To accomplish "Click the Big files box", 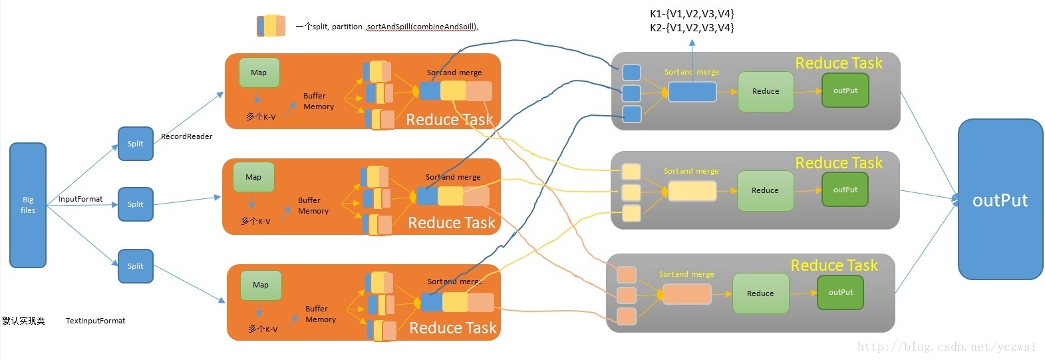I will coord(28,205).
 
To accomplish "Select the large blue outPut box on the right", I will coord(1000,200).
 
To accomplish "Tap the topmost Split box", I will coord(136,144).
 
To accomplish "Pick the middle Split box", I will coord(136,204).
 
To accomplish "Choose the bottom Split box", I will coord(136,266).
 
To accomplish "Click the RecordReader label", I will coord(187,136).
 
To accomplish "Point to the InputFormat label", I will coord(80,199).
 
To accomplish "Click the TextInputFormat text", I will coord(95,321).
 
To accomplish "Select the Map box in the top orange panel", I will coord(259,73).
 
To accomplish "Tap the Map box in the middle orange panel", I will coord(253,177).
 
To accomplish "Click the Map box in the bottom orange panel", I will coord(261,285).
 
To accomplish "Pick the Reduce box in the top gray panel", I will coord(765,91).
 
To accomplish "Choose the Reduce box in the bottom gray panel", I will coord(760,293).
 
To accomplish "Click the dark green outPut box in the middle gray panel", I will coord(845,190).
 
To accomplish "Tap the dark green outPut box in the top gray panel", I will coord(845,90).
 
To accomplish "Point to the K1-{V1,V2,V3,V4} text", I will coord(692,13).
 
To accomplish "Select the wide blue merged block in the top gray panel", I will coord(692,92).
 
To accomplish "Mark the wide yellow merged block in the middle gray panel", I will coord(692,191).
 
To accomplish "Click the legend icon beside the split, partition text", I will coord(271,26).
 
